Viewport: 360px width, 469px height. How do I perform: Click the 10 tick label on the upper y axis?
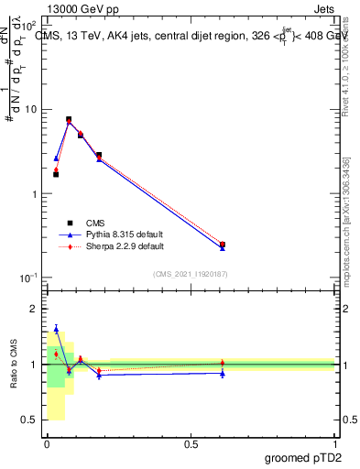[29, 110]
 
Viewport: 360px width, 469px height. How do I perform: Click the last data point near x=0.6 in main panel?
[223, 245]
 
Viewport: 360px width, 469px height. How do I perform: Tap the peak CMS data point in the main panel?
[69, 119]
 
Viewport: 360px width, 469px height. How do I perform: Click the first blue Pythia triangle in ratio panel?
[56, 329]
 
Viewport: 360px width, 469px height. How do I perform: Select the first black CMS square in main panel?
[56, 174]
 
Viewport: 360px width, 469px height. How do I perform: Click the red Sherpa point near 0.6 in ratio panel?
[223, 363]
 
